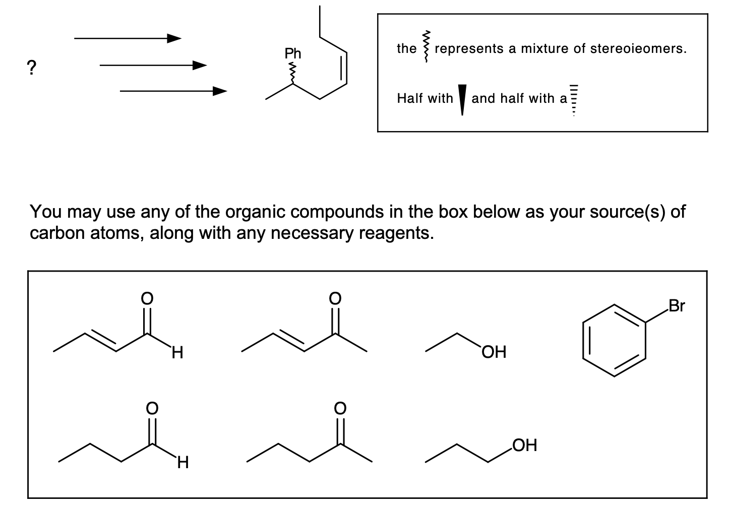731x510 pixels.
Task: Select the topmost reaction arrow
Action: click(x=128, y=38)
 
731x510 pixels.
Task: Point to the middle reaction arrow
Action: click(x=153, y=65)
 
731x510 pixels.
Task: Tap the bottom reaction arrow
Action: click(x=173, y=91)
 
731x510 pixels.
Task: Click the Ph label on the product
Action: click(x=292, y=53)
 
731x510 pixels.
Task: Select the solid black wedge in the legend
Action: click(x=462, y=100)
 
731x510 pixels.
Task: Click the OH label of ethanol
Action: click(x=494, y=352)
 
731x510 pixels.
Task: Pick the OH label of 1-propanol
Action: click(x=525, y=445)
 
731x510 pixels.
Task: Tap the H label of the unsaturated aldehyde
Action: click(x=177, y=353)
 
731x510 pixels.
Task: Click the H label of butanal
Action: click(x=182, y=462)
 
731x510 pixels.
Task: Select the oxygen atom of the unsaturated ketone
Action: click(x=334, y=298)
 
